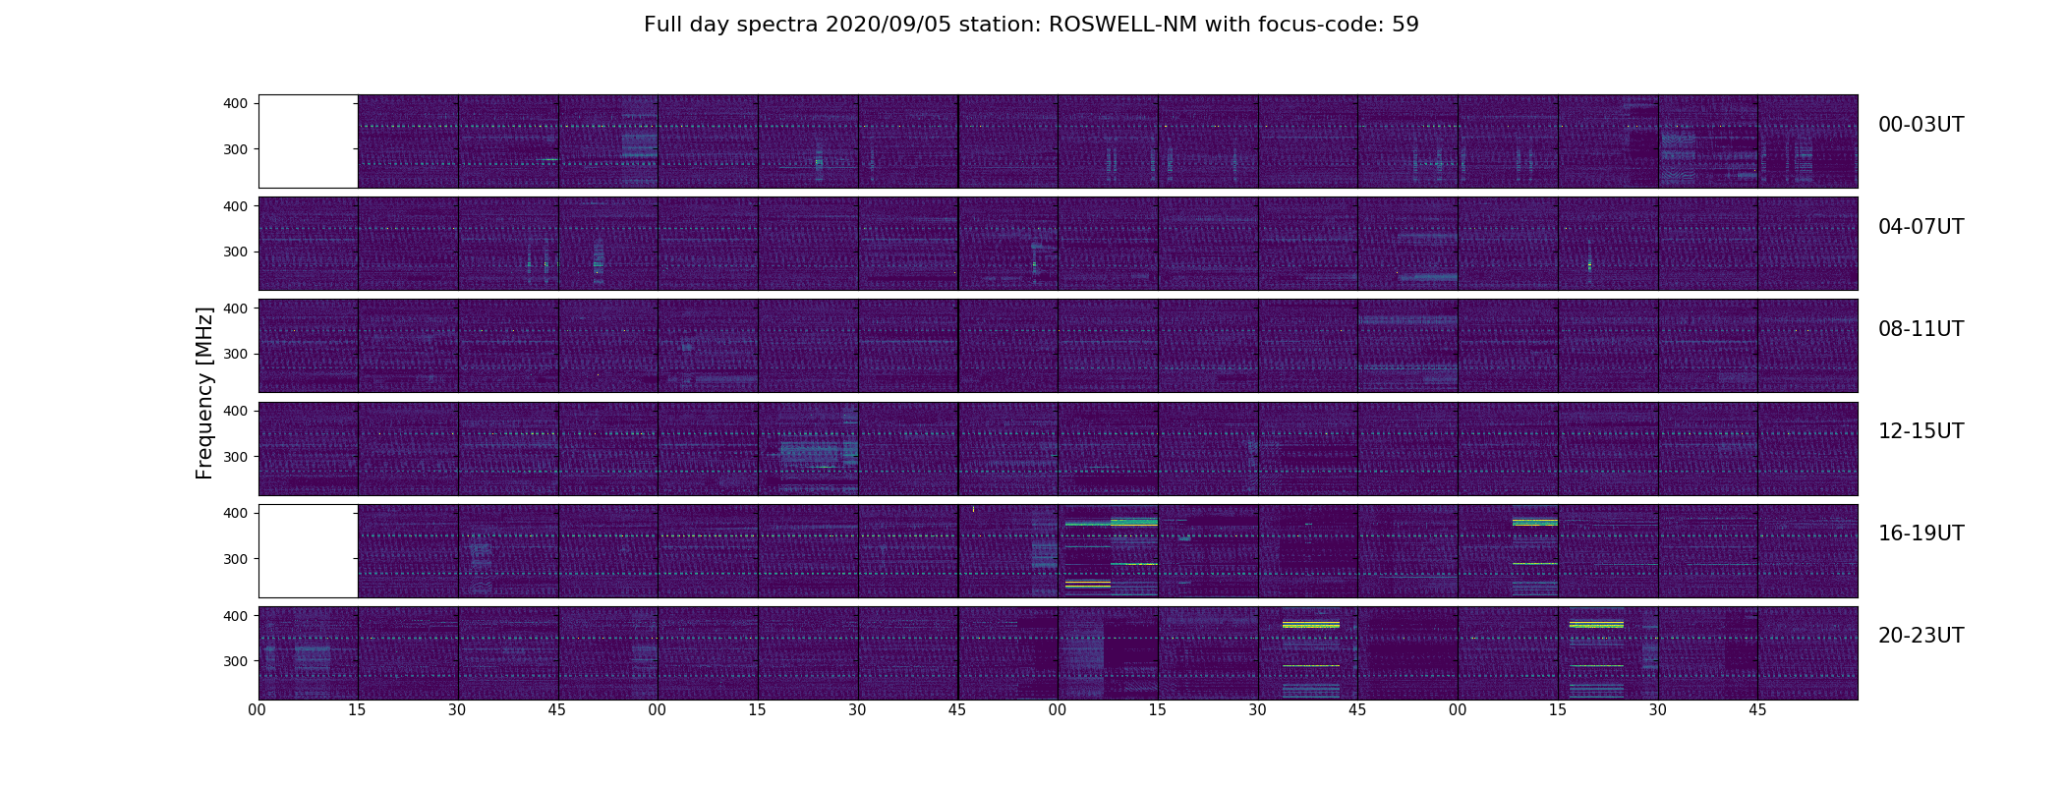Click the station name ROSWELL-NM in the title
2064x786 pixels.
pyautogui.click(x=1122, y=25)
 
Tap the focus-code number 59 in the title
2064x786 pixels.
pyautogui.click(x=1405, y=25)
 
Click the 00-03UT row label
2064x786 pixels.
pyautogui.click(x=1921, y=125)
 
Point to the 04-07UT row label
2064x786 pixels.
pyautogui.click(x=1921, y=227)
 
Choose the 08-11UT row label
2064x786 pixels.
pyautogui.click(x=1921, y=329)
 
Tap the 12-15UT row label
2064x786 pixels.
pyautogui.click(x=1921, y=431)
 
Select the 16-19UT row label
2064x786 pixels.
pyautogui.click(x=1921, y=533)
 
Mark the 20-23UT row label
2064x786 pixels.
pyautogui.click(x=1921, y=636)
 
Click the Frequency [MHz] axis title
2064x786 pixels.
pyautogui.click(x=204, y=393)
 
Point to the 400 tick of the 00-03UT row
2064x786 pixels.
pyautogui.click(x=236, y=103)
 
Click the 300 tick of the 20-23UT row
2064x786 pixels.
pyautogui.click(x=236, y=661)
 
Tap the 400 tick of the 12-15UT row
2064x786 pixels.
pyautogui.click(x=236, y=411)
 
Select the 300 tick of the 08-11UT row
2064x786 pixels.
pyautogui.click(x=236, y=354)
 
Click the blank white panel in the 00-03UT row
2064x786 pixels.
pyautogui.click(x=308, y=140)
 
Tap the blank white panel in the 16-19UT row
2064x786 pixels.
pyautogui.click(x=308, y=550)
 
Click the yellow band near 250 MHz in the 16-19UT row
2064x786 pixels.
pyautogui.click(x=1087, y=584)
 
